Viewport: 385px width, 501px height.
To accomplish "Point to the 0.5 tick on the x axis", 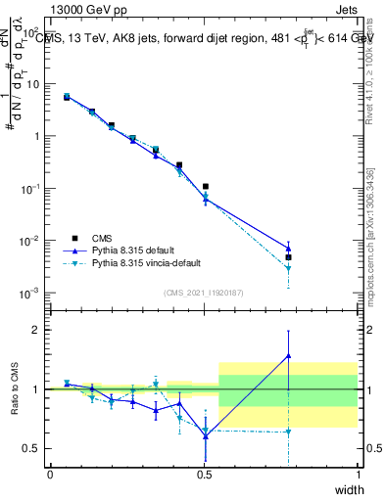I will point(204,474).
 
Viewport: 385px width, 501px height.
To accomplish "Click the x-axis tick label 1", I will point(359,474).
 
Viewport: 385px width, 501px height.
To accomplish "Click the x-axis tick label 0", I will point(50,474).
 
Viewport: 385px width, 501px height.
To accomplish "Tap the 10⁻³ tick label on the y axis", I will point(30,294).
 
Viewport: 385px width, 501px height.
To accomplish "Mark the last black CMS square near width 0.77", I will point(288,257).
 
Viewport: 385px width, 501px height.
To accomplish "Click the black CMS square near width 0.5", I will point(205,186).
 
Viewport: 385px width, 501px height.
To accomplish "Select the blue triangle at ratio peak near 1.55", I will point(288,356).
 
